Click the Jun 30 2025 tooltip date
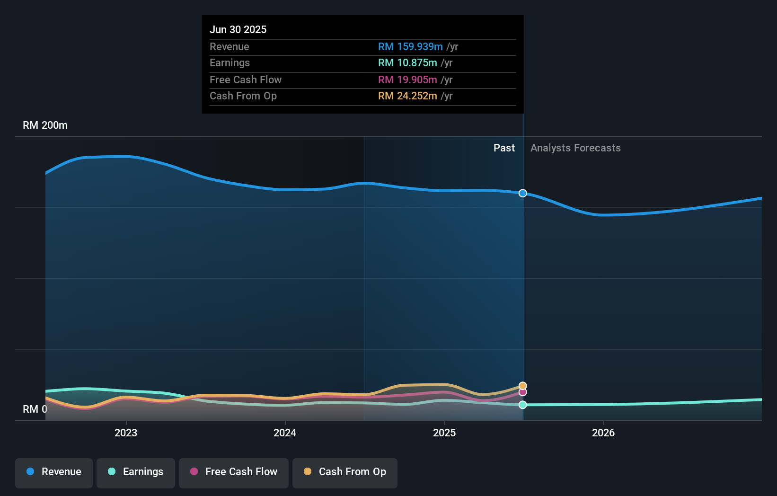[238, 29]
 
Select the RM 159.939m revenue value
[410, 46]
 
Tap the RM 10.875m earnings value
[407, 62]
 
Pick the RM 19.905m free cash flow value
[407, 80]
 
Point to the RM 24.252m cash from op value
[407, 96]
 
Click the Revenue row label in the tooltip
[229, 46]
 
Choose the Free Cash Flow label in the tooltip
[245, 80]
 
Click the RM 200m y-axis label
[45, 125]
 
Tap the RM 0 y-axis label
[35, 409]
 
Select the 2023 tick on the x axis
[126, 433]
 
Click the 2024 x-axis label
[285, 433]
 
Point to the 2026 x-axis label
[603, 433]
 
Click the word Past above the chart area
[504, 148]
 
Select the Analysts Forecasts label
[575, 148]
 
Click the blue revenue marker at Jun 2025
[522, 193]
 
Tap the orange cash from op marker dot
[522, 386]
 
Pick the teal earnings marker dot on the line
[522, 405]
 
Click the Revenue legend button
[54, 471]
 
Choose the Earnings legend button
[136, 471]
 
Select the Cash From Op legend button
[345, 471]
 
